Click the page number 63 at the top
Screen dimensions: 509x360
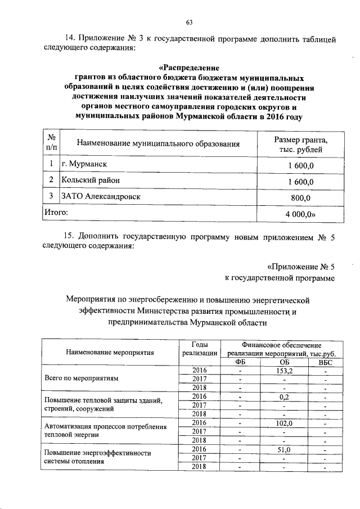click(189, 22)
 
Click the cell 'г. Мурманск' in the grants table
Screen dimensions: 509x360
click(84, 164)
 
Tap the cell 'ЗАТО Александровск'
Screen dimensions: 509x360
click(101, 196)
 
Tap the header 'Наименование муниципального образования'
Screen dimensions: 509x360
click(158, 144)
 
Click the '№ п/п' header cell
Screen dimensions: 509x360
click(51, 143)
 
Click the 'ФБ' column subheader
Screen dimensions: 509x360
click(240, 362)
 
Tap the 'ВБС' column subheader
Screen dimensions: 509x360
click(325, 362)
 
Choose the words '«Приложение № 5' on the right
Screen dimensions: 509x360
click(300, 267)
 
